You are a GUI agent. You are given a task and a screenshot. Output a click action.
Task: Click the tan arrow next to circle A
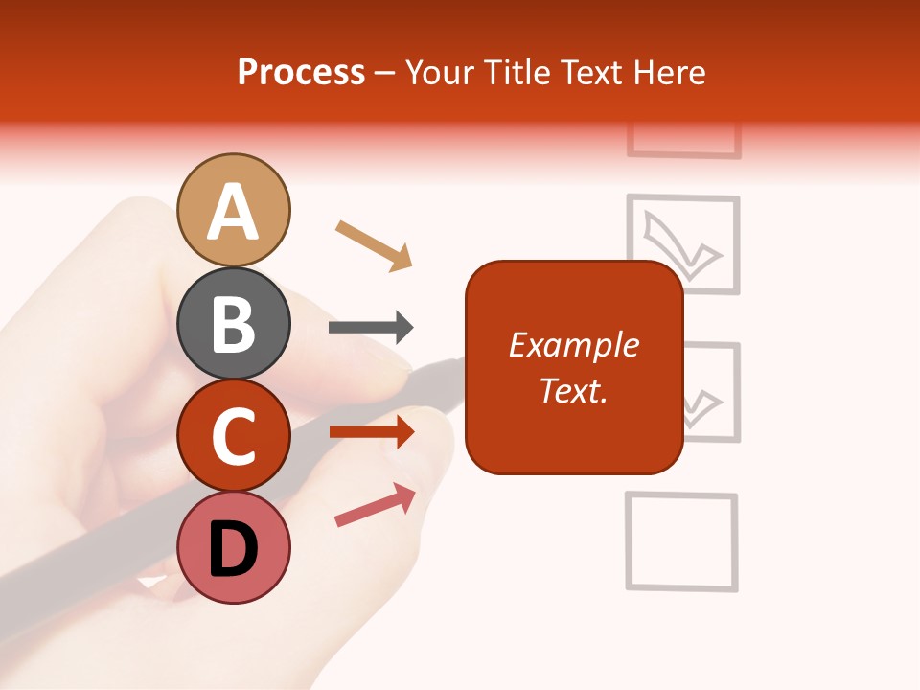374,245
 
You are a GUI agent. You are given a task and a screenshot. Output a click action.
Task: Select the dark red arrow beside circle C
371,431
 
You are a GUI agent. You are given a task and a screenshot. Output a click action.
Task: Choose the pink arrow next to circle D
375,505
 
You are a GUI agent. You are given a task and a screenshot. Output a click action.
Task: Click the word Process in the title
301,73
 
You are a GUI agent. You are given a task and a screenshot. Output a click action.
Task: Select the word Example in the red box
573,345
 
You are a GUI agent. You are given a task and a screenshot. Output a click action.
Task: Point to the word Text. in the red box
573,390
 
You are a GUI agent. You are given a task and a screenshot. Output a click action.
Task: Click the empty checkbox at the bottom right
681,540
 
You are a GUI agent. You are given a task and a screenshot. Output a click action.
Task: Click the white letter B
233,324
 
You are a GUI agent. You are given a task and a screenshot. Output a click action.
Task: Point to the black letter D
233,550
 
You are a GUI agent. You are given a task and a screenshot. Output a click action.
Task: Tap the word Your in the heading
442,73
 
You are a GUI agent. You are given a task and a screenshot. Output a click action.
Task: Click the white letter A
233,212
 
